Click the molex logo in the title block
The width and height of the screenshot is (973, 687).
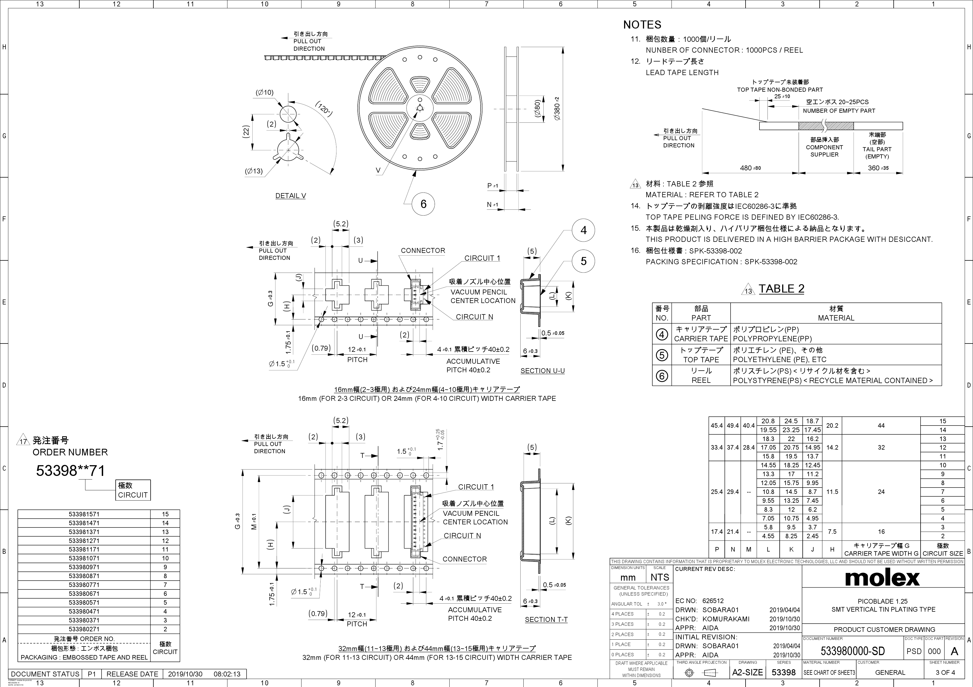point(882,577)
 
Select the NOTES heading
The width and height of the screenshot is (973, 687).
point(642,25)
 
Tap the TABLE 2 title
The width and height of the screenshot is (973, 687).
point(781,289)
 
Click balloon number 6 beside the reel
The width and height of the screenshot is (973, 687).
point(423,204)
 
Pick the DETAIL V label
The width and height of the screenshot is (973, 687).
point(290,196)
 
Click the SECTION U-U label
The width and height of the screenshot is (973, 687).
point(543,371)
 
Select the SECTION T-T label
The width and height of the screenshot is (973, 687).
point(546,619)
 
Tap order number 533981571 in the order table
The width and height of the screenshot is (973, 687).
point(84,514)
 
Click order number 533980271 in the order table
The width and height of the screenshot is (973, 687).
point(84,629)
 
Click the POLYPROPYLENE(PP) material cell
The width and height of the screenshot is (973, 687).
point(772,339)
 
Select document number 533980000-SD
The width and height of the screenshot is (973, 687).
point(853,651)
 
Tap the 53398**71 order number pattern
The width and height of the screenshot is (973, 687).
point(70,471)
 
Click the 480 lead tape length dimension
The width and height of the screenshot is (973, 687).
point(750,168)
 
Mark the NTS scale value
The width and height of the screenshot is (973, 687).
point(660,577)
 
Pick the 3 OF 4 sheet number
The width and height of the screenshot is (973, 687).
point(945,672)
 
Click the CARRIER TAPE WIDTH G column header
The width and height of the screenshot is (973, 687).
point(881,549)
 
